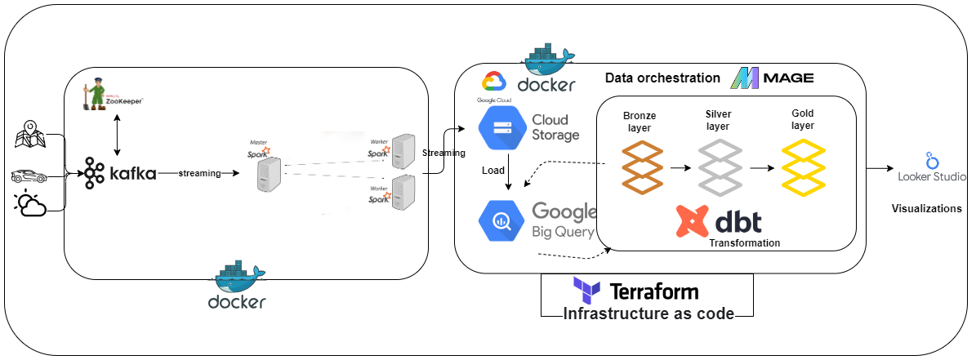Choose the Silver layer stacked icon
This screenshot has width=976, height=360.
(x=720, y=167)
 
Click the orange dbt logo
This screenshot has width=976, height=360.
(x=693, y=221)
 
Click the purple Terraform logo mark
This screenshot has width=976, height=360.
(x=587, y=291)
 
